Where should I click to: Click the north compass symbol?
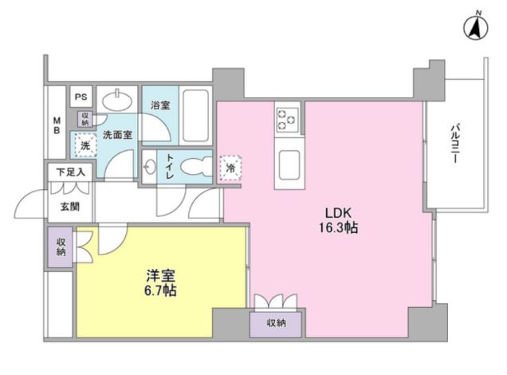point(475,29)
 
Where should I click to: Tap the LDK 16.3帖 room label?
point(340,220)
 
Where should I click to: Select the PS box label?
point(81,96)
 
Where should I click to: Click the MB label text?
point(57,127)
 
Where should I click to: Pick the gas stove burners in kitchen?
point(287,120)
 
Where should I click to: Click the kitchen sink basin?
point(287,168)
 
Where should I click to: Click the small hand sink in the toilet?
point(151,168)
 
